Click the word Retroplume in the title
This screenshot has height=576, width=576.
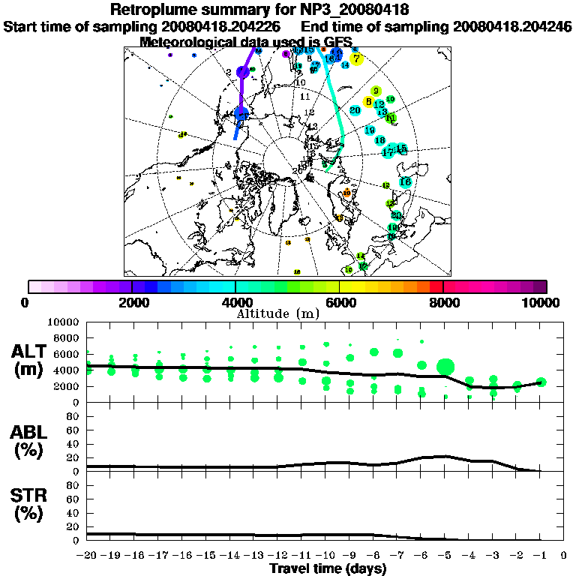155,10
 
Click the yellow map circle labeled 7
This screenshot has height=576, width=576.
357,58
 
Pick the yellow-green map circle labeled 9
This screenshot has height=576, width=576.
376,91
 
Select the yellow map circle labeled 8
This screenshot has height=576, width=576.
368,101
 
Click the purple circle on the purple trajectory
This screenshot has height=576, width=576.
242,72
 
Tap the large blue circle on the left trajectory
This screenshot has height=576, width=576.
241,114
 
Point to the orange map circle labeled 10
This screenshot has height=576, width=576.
346,193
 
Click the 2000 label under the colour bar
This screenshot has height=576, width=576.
132,302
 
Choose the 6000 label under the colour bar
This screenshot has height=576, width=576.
340,302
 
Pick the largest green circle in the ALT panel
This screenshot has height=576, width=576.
445,367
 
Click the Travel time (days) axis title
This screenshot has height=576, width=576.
328,569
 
